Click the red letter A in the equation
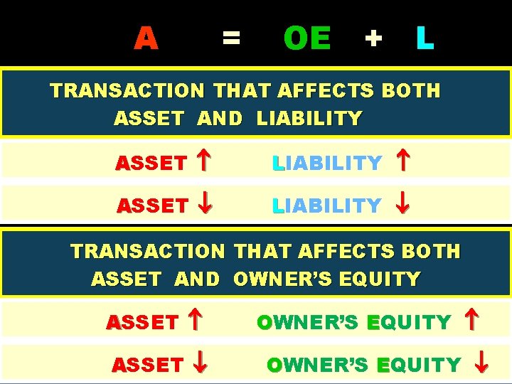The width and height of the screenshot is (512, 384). tap(146, 38)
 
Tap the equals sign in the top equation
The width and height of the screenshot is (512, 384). tap(230, 37)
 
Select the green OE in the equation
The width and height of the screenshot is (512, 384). tap(306, 38)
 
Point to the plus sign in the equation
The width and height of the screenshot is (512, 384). tap(373, 38)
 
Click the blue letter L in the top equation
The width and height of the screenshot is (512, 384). tap(425, 38)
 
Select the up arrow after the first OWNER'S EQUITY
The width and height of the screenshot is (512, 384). tap(470, 322)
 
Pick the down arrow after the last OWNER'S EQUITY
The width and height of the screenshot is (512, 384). tap(481, 364)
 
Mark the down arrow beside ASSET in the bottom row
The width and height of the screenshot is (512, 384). tap(201, 364)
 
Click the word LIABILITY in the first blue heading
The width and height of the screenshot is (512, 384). tap(309, 119)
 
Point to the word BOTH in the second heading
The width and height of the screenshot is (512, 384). tap(431, 251)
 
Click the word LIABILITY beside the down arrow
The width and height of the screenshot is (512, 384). tap(327, 206)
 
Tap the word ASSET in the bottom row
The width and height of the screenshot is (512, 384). tap(147, 365)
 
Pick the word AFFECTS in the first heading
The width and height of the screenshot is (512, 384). tap(326, 91)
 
